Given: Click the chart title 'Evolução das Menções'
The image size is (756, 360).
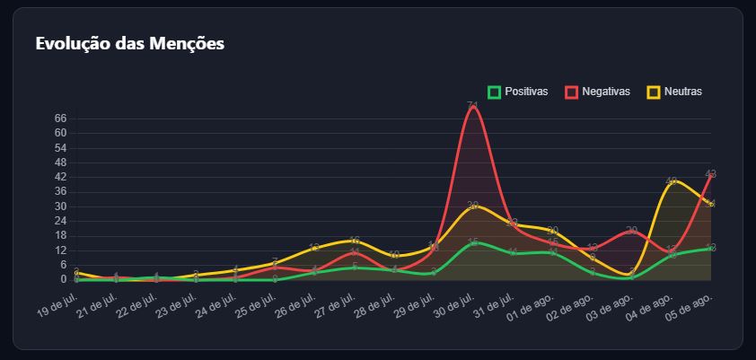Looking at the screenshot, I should pyautogui.click(x=129, y=43).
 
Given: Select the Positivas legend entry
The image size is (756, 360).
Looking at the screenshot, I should pyautogui.click(x=517, y=92).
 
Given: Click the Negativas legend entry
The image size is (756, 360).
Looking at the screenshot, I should pyautogui.click(x=597, y=92).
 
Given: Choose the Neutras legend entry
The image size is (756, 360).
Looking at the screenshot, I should pyautogui.click(x=674, y=92).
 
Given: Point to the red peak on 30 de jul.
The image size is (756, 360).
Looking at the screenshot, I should pyautogui.click(x=473, y=106).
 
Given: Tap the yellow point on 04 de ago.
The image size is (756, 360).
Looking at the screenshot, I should pyautogui.click(x=672, y=181).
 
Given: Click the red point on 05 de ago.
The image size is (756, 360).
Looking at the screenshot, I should pyautogui.click(x=711, y=174).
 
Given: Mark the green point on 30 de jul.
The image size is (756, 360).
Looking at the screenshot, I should pyautogui.click(x=473, y=242).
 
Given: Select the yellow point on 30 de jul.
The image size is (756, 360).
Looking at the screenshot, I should pyautogui.click(x=473, y=206).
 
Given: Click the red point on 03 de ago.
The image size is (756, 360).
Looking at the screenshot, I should pyautogui.click(x=632, y=231).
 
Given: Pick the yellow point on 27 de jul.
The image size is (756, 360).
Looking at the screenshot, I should pyautogui.click(x=355, y=241).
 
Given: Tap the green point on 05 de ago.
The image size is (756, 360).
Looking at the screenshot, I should pyautogui.click(x=711, y=248).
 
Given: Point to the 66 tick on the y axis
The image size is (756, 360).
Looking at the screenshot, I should pyautogui.click(x=61, y=118).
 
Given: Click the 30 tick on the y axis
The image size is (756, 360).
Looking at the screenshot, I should pyautogui.click(x=61, y=206).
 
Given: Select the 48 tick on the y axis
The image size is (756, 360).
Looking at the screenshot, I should pyautogui.click(x=61, y=162).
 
